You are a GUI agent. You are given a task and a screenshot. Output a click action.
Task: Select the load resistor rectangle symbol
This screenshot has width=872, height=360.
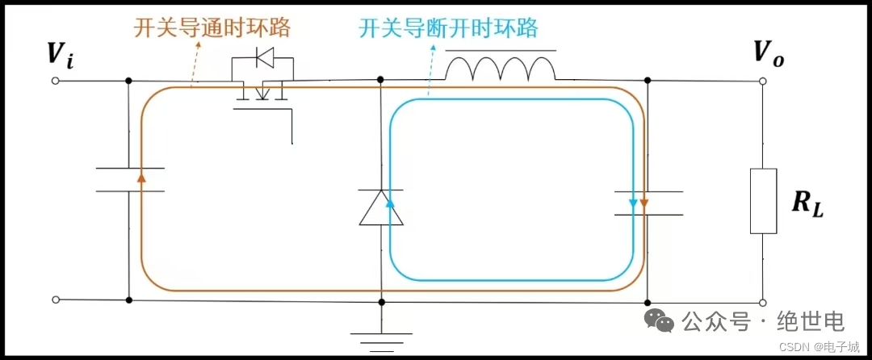click(763, 201)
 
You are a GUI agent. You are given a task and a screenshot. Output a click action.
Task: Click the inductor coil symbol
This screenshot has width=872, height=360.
click(501, 69)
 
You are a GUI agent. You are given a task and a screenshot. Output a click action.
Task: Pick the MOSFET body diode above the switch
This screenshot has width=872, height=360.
click(262, 58)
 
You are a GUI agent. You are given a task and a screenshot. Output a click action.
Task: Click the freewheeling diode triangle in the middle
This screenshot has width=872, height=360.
click(380, 207)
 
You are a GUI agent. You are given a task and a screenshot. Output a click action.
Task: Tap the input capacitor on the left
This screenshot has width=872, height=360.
click(129, 179)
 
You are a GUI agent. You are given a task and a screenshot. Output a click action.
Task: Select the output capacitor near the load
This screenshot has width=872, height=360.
click(648, 203)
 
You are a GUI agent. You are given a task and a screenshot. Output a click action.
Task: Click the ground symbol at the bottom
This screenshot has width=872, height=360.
click(381, 339)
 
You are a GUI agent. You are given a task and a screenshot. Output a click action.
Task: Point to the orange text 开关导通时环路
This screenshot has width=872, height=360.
click(212, 29)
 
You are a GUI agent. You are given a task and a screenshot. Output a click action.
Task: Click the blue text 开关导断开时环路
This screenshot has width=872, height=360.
click(448, 29)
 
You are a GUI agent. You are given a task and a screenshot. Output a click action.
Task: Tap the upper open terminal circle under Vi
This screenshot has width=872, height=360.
click(56, 82)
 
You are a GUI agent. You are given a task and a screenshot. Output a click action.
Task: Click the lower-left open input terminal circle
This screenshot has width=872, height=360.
click(56, 299)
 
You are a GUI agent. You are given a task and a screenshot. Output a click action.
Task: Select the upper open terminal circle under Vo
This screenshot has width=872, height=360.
click(762, 82)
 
